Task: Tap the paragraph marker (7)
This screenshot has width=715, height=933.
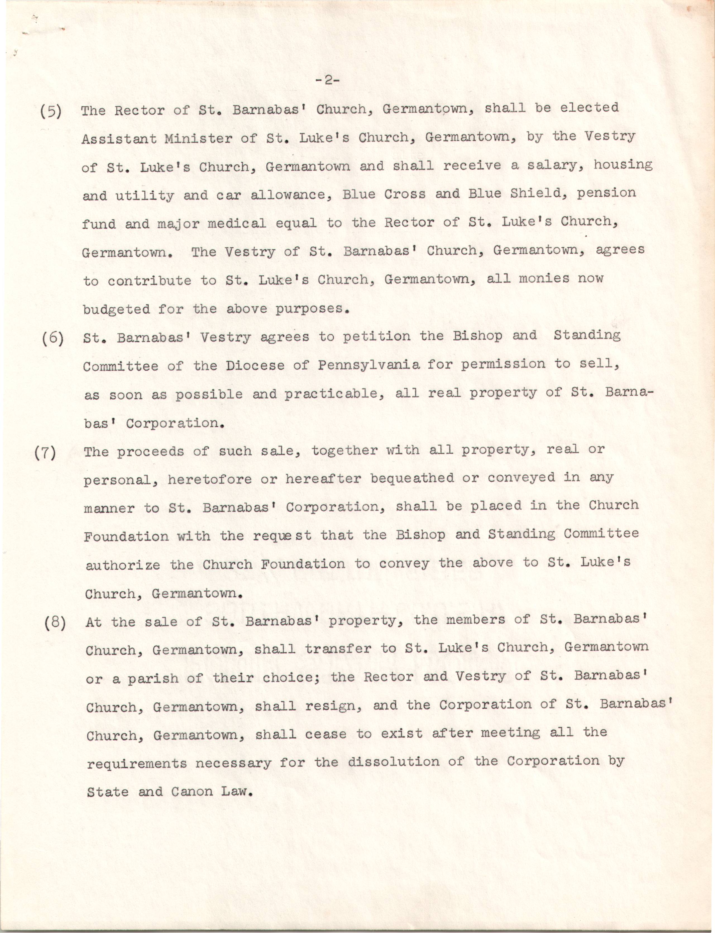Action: [x=45, y=453]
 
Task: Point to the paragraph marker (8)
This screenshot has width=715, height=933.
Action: [x=55, y=623]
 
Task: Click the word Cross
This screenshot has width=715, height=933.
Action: [x=404, y=194]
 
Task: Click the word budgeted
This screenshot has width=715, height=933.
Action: [x=116, y=310]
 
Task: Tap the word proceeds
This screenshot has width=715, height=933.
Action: [x=151, y=452]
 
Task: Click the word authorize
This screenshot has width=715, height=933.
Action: [x=123, y=565]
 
